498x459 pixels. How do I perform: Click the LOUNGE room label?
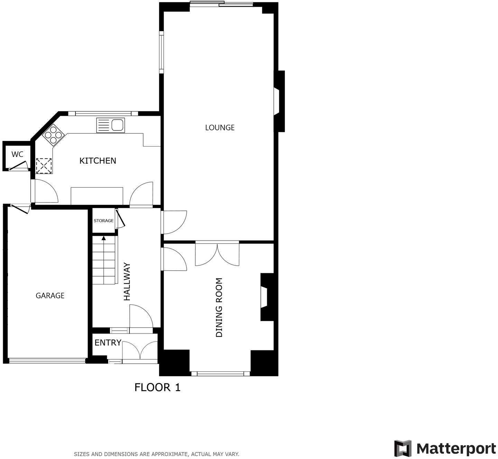tap(220, 128)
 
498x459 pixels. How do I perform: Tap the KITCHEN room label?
tap(98, 161)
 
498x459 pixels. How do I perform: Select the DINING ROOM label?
tap(219, 308)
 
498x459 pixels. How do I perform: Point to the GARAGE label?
tap(50, 296)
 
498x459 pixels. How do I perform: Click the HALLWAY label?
tap(127, 282)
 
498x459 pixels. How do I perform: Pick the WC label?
tap(17, 154)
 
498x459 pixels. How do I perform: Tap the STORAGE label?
tap(103, 221)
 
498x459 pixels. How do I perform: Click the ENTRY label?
tap(108, 343)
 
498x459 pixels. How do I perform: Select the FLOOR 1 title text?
tap(157, 387)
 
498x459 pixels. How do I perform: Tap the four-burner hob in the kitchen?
tap(53, 134)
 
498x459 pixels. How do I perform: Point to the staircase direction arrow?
tap(103, 238)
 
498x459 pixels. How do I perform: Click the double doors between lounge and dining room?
tap(217, 254)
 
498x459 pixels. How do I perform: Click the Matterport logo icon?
tap(403, 448)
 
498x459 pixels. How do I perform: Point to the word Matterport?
tap(456, 449)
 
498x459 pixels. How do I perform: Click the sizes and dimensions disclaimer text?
tap(156, 454)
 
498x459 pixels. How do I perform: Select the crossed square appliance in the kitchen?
tap(44, 165)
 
